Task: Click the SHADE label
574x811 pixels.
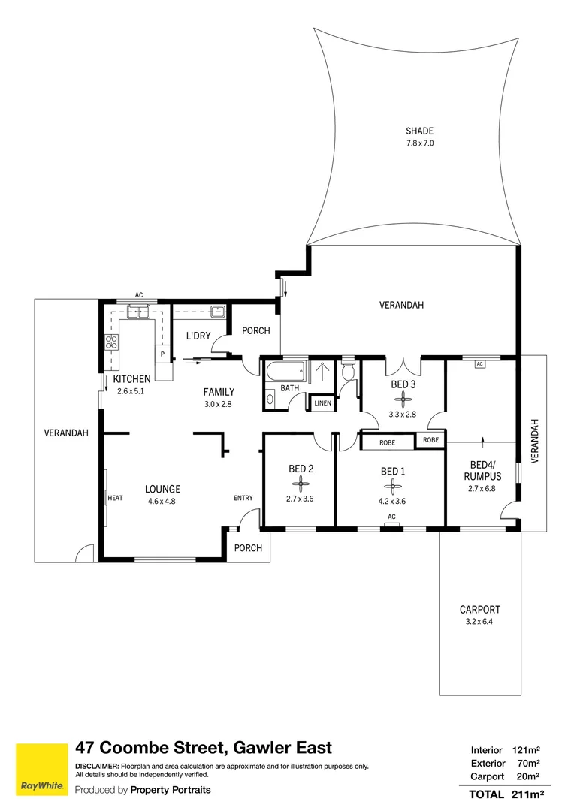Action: [419, 131]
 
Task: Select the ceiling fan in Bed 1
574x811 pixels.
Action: [393, 486]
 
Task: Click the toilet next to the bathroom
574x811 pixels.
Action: [349, 369]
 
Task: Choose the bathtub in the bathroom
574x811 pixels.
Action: [285, 371]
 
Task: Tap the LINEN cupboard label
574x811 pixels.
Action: [322, 403]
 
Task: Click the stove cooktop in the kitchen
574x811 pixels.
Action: [111, 342]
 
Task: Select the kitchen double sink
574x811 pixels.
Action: [139, 312]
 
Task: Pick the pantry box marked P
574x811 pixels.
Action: [162, 354]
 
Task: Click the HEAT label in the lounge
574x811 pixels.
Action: [116, 498]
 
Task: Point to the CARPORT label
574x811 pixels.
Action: [480, 610]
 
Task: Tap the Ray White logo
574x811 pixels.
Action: [42, 770]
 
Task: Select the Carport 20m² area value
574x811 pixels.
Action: [528, 776]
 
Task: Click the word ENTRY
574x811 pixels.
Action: [243, 498]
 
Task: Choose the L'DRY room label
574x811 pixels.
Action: [198, 336]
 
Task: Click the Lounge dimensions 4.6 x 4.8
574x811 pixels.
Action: [162, 501]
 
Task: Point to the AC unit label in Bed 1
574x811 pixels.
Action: [392, 517]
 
